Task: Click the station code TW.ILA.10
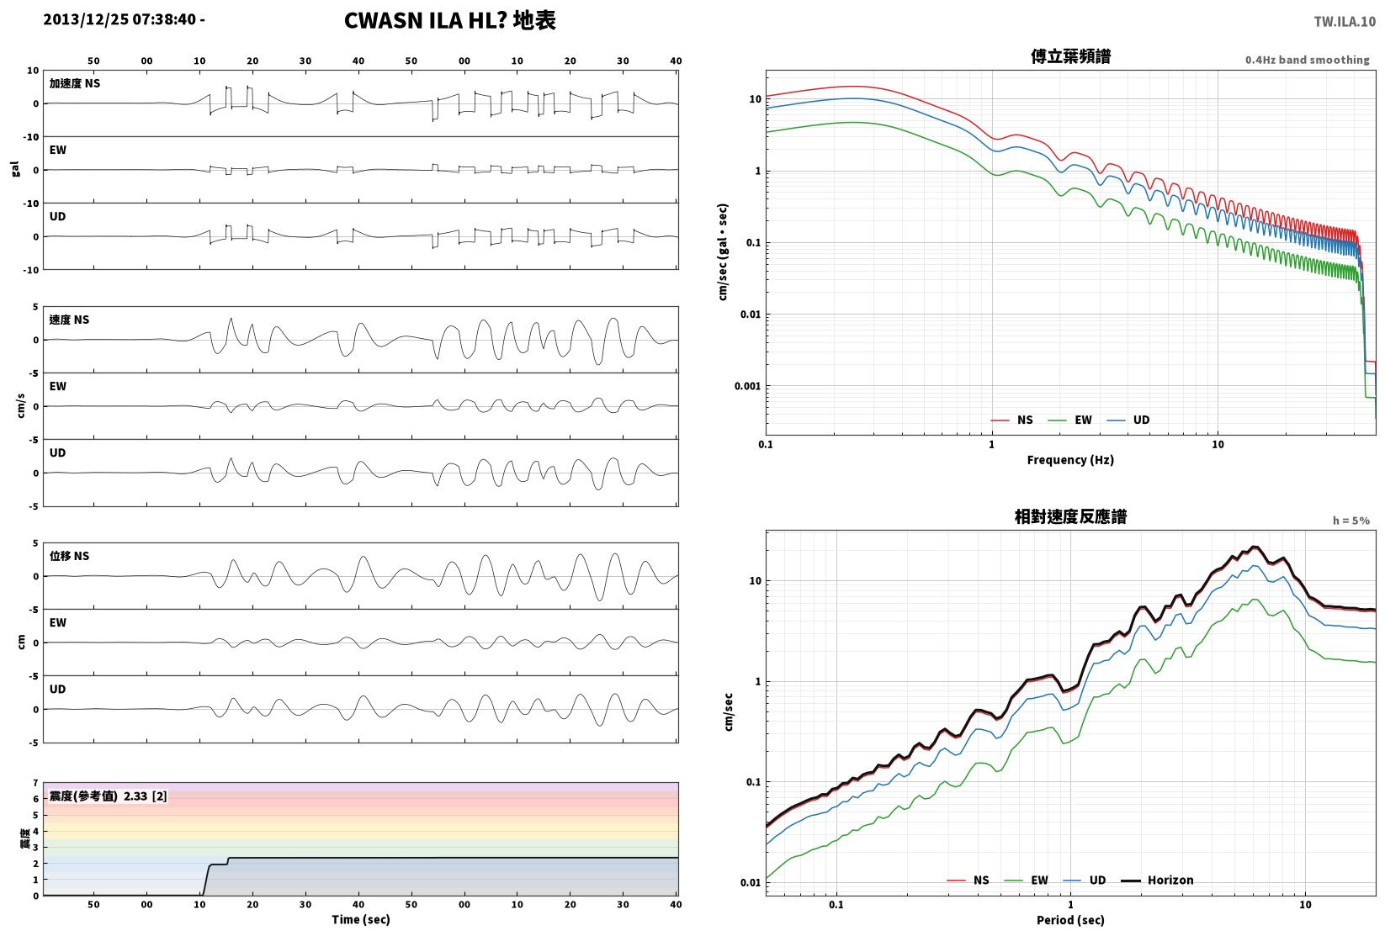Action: (x=1345, y=22)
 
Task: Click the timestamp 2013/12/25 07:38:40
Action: (x=119, y=19)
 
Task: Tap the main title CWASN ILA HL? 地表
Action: (x=449, y=20)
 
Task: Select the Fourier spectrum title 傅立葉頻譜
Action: (x=1070, y=56)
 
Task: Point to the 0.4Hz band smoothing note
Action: (x=1307, y=60)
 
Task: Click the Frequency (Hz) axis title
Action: (x=1070, y=460)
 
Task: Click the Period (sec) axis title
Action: (x=1070, y=920)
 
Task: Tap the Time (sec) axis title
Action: (x=361, y=919)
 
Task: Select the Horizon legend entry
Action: (x=1158, y=880)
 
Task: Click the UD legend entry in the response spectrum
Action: (x=1085, y=880)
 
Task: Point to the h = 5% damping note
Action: (x=1351, y=521)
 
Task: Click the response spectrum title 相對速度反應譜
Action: (x=1070, y=516)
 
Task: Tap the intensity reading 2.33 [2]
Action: (x=146, y=796)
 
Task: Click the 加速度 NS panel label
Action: (x=75, y=82)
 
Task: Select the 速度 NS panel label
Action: (x=69, y=320)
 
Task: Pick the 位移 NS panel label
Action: (x=69, y=555)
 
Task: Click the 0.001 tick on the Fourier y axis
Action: (x=747, y=386)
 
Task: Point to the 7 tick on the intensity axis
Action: (x=36, y=783)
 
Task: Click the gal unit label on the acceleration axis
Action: (x=15, y=169)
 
